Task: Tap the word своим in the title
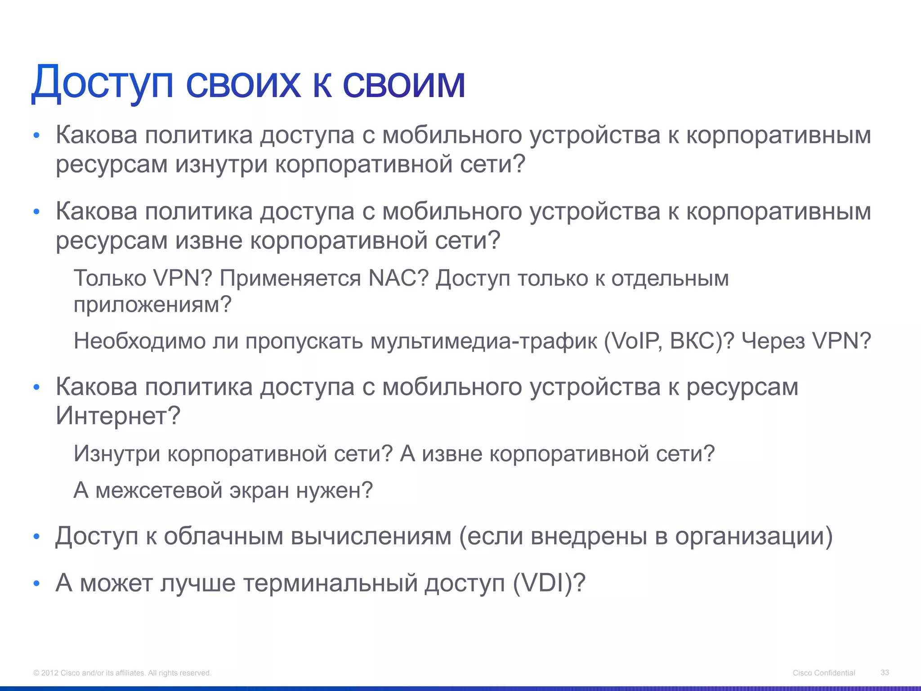(403, 83)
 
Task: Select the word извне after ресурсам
(209, 240)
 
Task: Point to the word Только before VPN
(110, 278)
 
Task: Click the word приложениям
(152, 305)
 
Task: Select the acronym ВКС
(695, 341)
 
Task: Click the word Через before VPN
(773, 341)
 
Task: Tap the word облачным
(223, 536)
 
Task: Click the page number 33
(885, 673)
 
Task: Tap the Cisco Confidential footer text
(823, 673)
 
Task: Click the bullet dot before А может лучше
(37, 584)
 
